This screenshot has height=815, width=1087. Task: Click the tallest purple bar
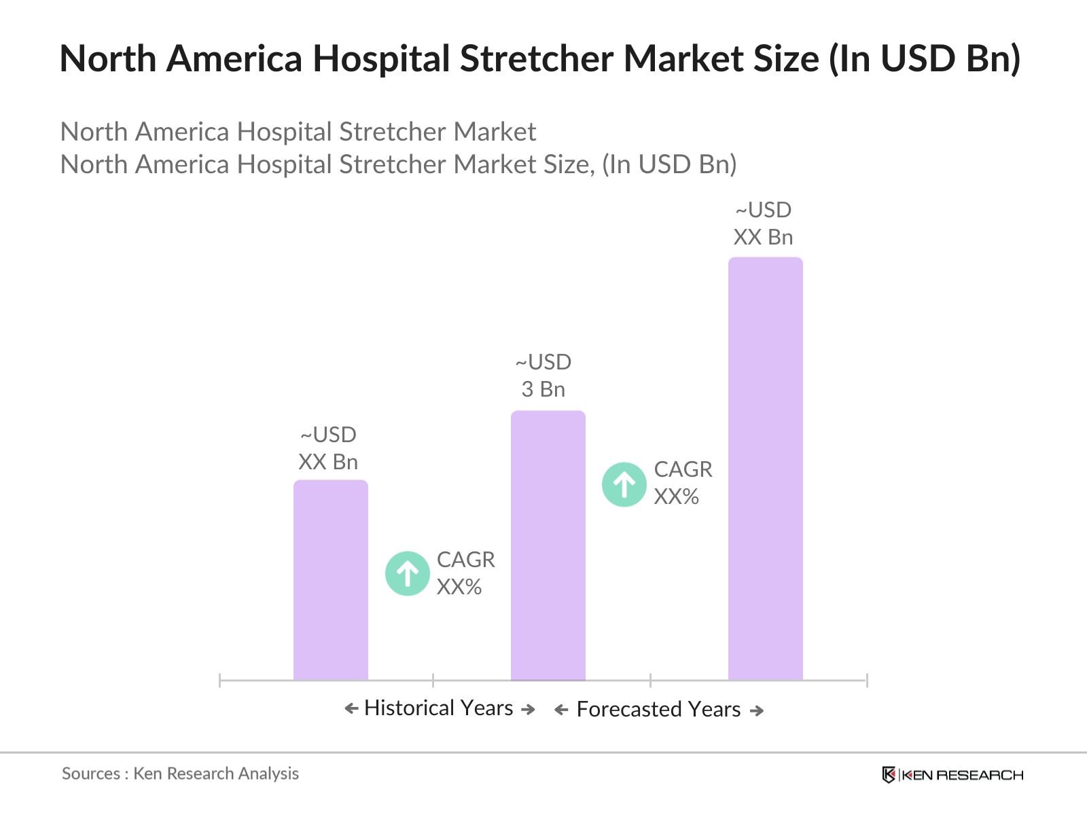[765, 469]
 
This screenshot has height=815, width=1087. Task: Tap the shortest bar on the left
[330, 580]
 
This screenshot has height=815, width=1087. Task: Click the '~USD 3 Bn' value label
[543, 376]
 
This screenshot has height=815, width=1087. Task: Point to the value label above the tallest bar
[763, 223]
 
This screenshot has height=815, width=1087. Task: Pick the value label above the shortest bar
[328, 448]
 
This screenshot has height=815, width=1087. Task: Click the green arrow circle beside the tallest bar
[624, 484]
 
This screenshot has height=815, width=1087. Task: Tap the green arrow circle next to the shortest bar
[407, 573]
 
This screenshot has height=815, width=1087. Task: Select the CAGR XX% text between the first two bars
[465, 573]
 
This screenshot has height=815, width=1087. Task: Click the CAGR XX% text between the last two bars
[683, 483]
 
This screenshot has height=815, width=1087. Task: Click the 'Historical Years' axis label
[438, 708]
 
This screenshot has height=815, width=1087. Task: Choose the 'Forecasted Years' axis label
[658, 710]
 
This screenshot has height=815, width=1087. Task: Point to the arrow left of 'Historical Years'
[351, 709]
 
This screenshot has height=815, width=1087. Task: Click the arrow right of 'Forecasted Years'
[757, 710]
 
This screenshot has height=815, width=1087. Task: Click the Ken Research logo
[952, 775]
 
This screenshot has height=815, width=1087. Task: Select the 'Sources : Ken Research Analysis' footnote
[180, 774]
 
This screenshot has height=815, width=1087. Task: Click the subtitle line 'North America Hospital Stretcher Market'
[298, 132]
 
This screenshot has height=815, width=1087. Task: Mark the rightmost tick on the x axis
[866, 680]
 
